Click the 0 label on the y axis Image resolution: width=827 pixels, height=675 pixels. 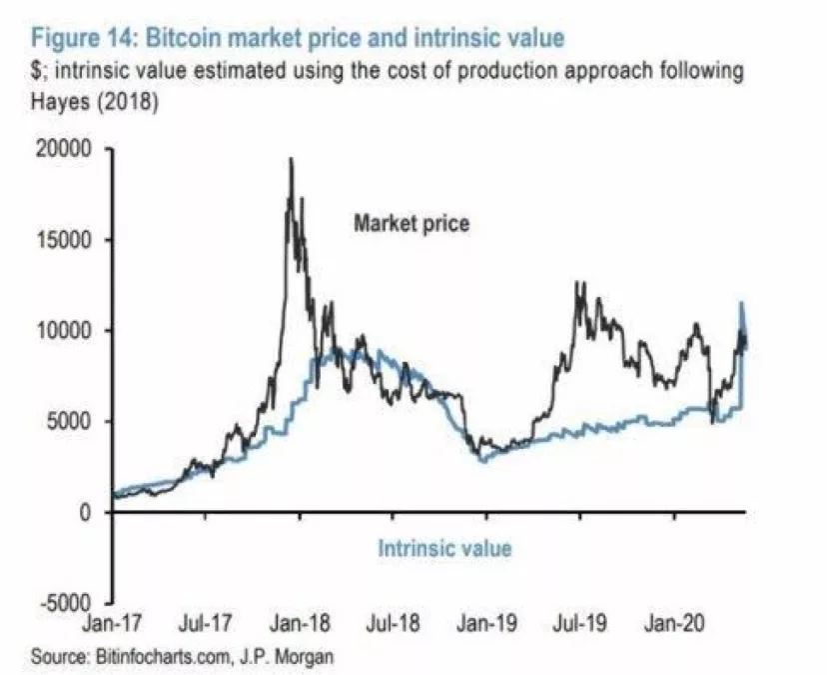87,513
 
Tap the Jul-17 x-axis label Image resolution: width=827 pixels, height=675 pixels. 207,626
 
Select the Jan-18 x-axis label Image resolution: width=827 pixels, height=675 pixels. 301,626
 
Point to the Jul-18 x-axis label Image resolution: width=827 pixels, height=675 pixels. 394,626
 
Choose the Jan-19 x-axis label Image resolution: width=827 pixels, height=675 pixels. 486,626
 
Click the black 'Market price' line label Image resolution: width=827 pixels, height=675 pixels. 411,224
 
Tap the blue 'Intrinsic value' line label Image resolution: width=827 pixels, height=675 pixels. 444,548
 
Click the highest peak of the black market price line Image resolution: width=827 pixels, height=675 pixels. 291,160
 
